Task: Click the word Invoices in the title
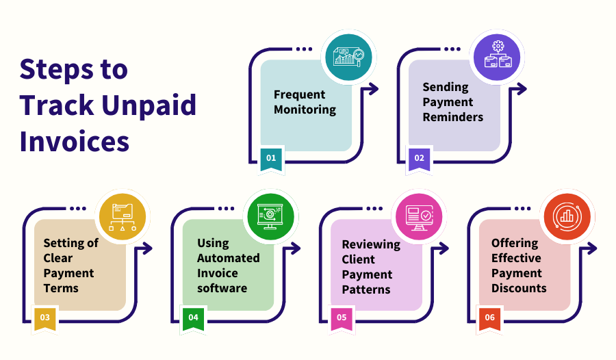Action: click(75, 141)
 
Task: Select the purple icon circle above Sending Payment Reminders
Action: click(498, 57)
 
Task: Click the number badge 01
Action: click(271, 158)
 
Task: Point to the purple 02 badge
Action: click(419, 158)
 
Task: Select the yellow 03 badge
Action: click(44, 318)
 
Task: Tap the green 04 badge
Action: click(193, 318)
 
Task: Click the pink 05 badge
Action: click(342, 318)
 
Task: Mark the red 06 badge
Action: click(489, 318)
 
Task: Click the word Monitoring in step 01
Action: click(305, 110)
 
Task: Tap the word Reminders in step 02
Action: click(452, 117)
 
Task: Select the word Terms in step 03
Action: click(61, 288)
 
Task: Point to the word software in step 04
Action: click(222, 288)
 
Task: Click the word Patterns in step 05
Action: click(366, 290)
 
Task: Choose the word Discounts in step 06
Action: click(519, 288)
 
